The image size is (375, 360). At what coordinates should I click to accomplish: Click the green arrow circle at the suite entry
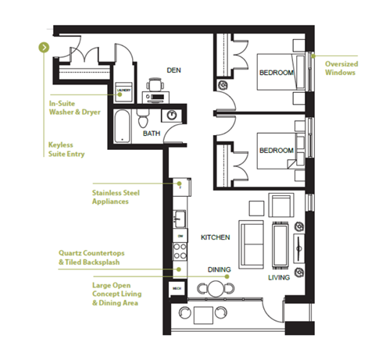click(x=44, y=47)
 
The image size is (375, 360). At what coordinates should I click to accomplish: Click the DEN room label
click(x=174, y=70)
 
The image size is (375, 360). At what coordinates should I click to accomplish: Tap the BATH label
click(x=152, y=134)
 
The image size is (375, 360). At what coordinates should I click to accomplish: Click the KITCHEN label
click(x=214, y=237)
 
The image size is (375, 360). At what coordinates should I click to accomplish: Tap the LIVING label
click(x=279, y=277)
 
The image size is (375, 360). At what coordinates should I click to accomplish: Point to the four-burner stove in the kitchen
click(x=179, y=251)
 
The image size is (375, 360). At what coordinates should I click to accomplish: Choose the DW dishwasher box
click(x=179, y=235)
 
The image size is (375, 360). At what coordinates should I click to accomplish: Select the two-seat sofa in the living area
click(x=250, y=243)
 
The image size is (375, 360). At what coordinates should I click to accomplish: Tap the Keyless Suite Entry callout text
click(x=67, y=149)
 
